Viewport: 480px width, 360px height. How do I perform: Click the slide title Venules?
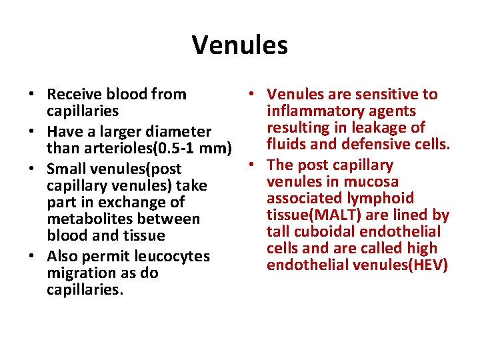pos(240,45)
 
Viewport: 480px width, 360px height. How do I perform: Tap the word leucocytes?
pos(172,256)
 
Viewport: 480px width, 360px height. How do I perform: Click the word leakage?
pos(376,128)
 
